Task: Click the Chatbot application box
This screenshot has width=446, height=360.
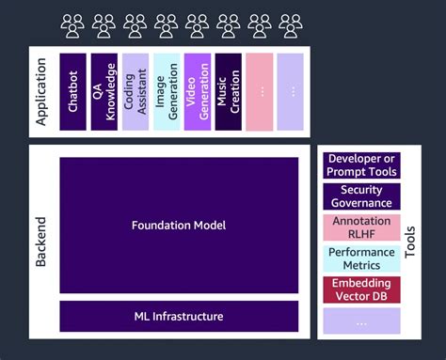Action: click(72, 91)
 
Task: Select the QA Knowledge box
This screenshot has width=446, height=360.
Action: click(104, 91)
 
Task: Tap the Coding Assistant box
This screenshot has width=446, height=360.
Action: click(135, 91)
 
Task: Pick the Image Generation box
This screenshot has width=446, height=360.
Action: click(167, 91)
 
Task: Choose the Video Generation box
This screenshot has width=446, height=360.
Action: click(198, 91)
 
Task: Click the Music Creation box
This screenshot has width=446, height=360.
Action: click(229, 91)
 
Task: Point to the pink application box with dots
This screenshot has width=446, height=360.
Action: click(259, 91)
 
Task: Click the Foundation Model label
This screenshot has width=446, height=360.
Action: click(179, 226)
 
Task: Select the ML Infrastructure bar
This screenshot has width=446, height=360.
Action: click(179, 316)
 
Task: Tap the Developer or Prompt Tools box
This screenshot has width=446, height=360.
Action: click(361, 165)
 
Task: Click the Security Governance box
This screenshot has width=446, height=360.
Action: click(361, 196)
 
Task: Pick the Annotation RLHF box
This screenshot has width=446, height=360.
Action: click(361, 227)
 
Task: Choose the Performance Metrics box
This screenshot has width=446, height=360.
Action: click(361, 258)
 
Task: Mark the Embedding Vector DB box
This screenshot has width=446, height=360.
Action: click(361, 290)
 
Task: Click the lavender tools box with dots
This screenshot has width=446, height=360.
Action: click(361, 321)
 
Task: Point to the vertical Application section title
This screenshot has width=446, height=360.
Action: click(40, 91)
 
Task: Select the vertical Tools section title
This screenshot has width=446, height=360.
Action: click(409, 242)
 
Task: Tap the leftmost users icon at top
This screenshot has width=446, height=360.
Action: click(72, 24)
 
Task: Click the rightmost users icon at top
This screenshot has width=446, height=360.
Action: click(291, 24)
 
